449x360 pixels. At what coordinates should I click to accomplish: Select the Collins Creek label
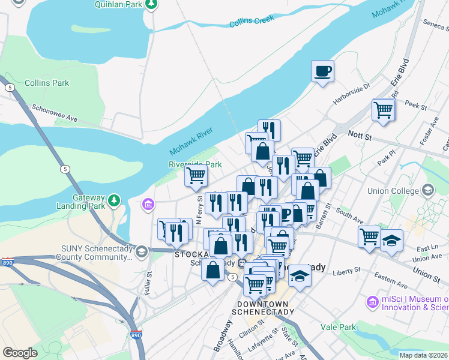pyautogui.click(x=252, y=22)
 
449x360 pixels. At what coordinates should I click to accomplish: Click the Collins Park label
pyautogui.click(x=45, y=83)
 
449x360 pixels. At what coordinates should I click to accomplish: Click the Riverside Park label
pyautogui.click(x=195, y=164)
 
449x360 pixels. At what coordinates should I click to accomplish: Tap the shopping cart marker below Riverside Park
pyautogui.click(x=196, y=176)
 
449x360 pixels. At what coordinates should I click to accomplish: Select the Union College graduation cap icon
pyautogui.click(x=428, y=191)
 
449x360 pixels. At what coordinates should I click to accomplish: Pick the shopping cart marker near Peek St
pyautogui.click(x=383, y=110)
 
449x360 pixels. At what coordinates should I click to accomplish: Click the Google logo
pyautogui.click(x=20, y=352)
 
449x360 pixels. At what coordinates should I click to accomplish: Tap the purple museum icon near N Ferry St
pyautogui.click(x=148, y=206)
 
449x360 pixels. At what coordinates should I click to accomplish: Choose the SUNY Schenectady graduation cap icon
pyautogui.click(x=142, y=251)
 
